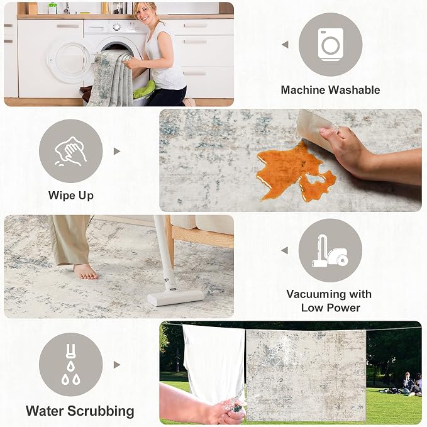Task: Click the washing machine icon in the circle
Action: click(x=330, y=45)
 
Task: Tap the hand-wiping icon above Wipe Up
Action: click(x=71, y=151)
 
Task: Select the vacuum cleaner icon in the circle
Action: click(x=330, y=251)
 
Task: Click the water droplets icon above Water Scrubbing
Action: click(x=71, y=365)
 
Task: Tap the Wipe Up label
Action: click(x=71, y=196)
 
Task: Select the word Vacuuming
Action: click(x=314, y=294)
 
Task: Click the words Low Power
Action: click(x=330, y=308)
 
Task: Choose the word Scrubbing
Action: click(x=101, y=411)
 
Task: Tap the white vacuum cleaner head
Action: click(x=175, y=297)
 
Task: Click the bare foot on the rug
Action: click(x=86, y=272)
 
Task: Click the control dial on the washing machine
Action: click(x=116, y=27)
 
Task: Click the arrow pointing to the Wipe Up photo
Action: click(x=117, y=151)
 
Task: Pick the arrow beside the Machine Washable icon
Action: click(x=285, y=45)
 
